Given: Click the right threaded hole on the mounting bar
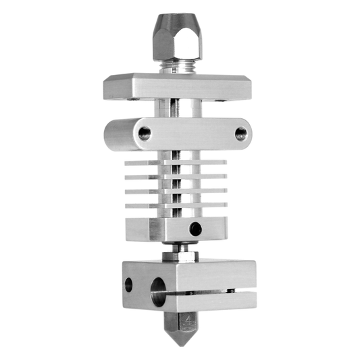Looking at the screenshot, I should (x=240, y=134).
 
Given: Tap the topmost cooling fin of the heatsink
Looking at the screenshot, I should (x=177, y=164).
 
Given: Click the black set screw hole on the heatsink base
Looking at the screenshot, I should (x=195, y=230).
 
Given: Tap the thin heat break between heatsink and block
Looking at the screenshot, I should (x=179, y=248).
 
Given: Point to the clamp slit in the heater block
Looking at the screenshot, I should (x=203, y=293).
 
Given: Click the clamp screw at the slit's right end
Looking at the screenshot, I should (x=233, y=292).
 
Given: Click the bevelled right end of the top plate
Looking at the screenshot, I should (x=248, y=88).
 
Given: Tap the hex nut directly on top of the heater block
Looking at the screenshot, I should (x=179, y=257).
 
